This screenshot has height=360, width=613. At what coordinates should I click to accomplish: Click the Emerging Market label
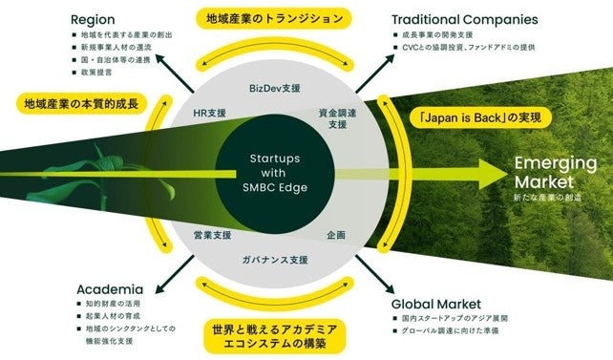pos(555,171)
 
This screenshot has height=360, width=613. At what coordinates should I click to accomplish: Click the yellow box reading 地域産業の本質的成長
pos(80,99)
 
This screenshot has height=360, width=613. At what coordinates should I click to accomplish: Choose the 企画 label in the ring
pos(336,234)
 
